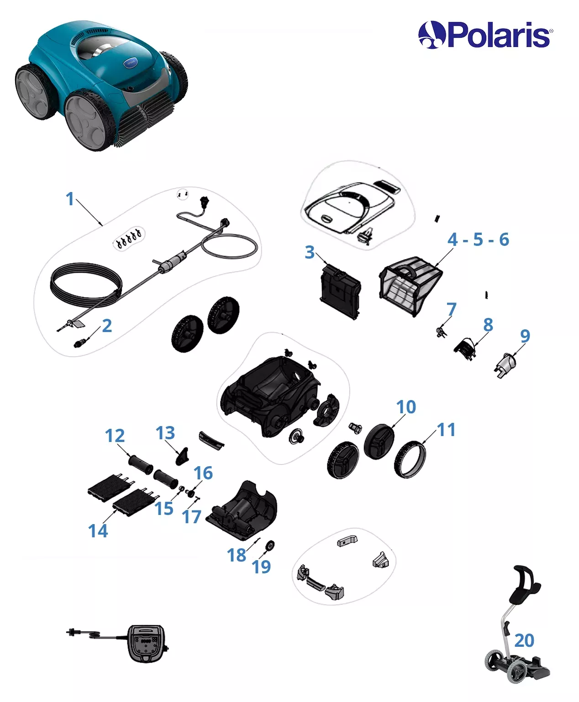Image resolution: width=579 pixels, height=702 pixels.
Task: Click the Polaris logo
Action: (x=485, y=35)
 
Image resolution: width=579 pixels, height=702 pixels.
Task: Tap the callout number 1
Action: (x=70, y=199)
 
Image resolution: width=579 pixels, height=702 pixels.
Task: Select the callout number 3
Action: (x=309, y=252)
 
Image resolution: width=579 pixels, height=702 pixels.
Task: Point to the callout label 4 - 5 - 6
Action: (x=478, y=239)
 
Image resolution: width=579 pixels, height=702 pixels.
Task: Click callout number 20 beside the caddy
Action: (x=524, y=640)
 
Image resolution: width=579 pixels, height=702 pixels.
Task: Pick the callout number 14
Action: (x=98, y=531)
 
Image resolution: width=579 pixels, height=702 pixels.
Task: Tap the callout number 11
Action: (x=447, y=429)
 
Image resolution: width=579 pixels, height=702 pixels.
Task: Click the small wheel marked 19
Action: (x=270, y=546)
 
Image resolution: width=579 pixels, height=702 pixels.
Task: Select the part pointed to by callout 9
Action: (x=505, y=365)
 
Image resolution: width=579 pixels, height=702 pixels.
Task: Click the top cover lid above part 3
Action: (x=350, y=207)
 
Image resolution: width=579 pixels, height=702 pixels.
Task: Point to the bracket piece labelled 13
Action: (x=182, y=457)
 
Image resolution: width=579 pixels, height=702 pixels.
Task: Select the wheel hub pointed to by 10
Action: (x=379, y=442)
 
